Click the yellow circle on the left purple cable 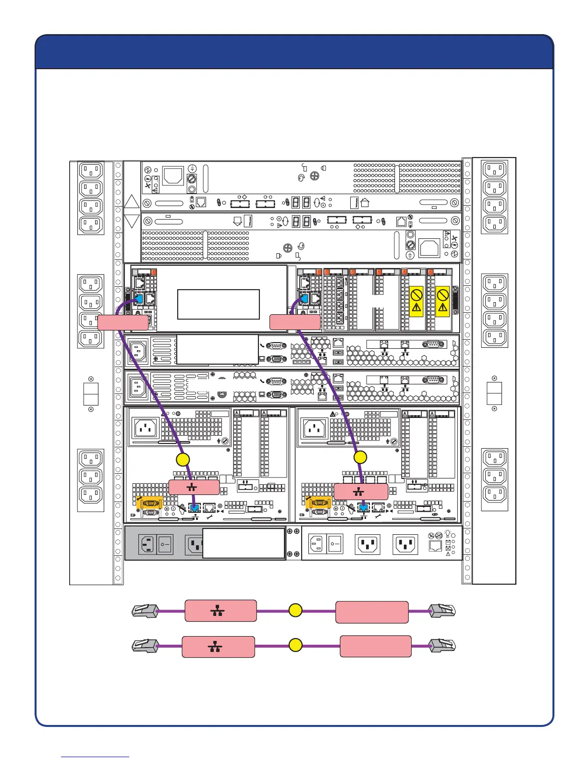coord(183,459)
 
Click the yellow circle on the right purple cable coord(360,457)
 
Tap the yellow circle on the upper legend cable coord(295,611)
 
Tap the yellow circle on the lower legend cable coord(295,645)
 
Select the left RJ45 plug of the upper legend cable coord(145,611)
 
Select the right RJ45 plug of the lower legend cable coord(442,646)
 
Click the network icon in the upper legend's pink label coord(218,611)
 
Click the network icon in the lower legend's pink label coord(215,646)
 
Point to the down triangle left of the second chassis coord(132,221)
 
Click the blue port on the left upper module coord(139,299)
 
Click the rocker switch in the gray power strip coord(165,545)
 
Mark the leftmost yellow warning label coord(416,301)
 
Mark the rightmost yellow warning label coord(442,301)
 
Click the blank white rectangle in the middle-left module coord(219,304)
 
